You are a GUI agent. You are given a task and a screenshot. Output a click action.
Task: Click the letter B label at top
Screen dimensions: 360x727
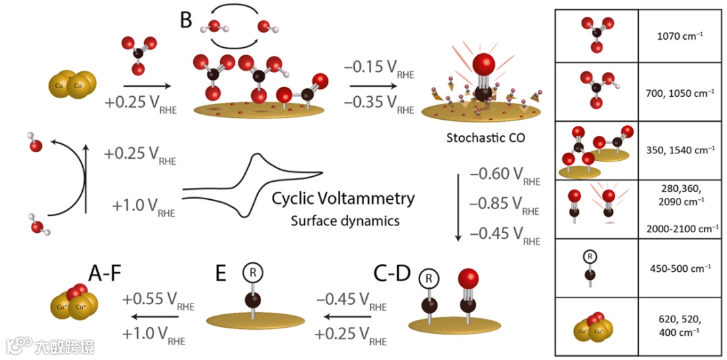click(186, 20)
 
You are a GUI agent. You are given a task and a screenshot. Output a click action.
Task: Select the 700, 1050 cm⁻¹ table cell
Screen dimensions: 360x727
click(681, 91)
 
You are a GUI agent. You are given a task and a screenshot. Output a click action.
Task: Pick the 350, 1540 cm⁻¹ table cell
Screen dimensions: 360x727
click(681, 149)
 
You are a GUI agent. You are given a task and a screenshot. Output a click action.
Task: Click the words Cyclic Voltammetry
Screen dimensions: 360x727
click(343, 199)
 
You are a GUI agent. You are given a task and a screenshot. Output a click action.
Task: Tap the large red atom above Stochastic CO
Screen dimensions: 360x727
click(483, 67)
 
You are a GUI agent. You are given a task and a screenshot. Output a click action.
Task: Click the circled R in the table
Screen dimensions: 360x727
click(590, 256)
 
